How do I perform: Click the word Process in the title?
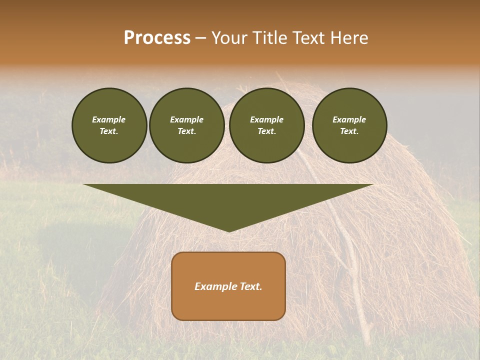157,38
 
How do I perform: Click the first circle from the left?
109,125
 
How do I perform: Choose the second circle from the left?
186,125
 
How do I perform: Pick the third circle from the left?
266,125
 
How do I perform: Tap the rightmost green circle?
349,125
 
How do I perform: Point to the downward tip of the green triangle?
228,231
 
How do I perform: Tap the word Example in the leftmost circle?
109,119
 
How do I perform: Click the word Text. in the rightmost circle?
349,131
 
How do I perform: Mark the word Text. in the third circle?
266,131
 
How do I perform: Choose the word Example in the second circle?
186,119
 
